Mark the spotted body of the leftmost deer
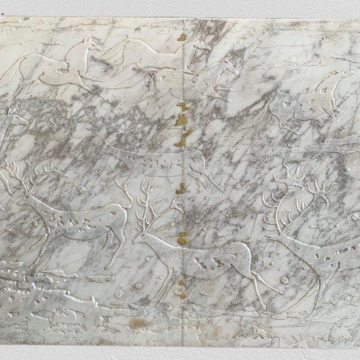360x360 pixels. pyautogui.click(x=79, y=216)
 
